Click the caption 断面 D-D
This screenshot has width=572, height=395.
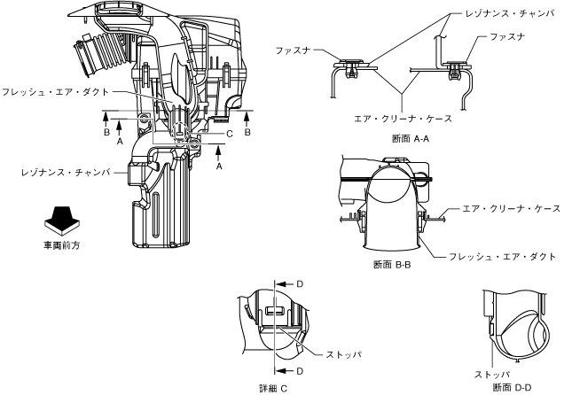click(513, 386)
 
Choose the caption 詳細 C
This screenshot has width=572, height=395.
click(277, 387)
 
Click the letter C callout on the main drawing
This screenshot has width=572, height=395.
click(229, 134)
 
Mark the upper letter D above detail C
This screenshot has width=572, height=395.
click(299, 284)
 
